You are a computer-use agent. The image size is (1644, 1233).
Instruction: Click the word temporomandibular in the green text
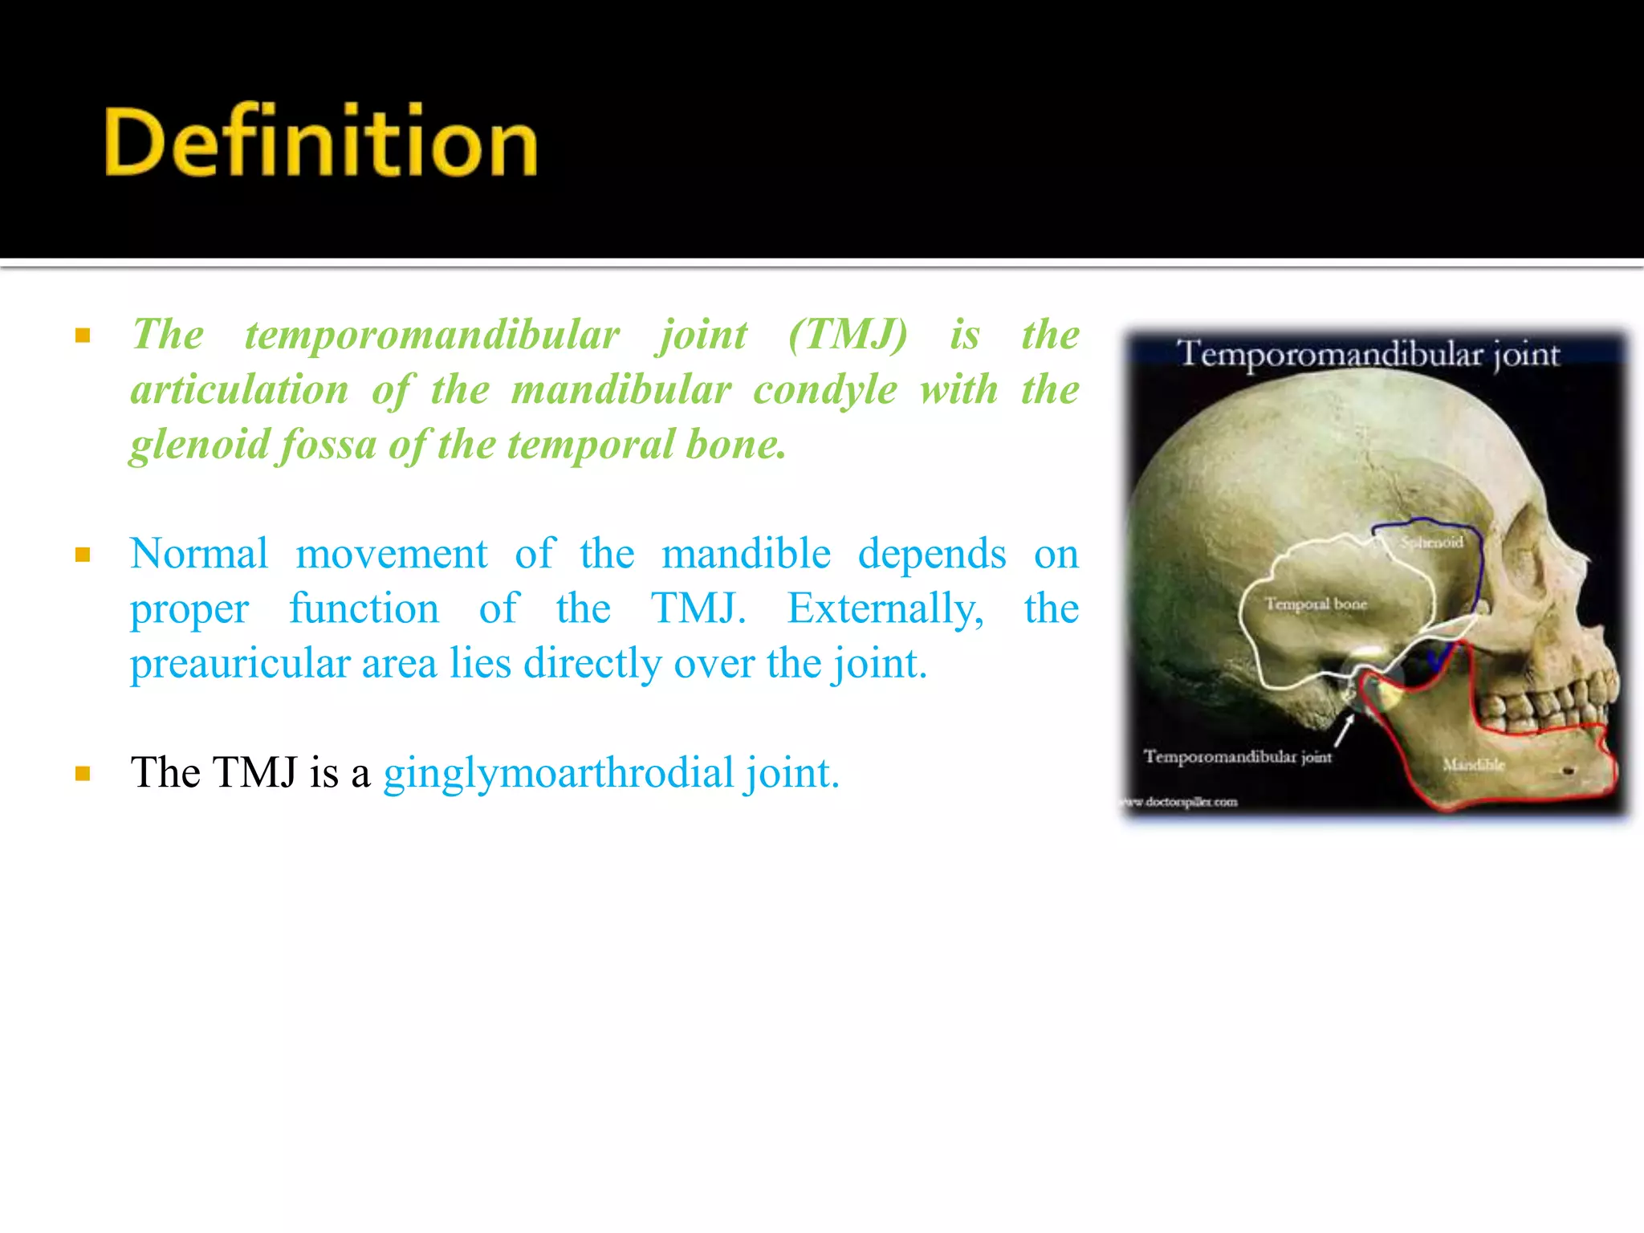432,335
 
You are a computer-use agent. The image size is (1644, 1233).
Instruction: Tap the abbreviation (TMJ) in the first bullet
848,335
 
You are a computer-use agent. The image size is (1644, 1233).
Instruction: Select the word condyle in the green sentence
824,391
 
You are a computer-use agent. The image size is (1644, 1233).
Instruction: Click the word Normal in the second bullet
199,554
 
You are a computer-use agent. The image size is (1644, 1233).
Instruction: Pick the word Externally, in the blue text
885,608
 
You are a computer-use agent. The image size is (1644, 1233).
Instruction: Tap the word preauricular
240,664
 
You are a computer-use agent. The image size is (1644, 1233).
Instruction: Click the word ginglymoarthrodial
559,773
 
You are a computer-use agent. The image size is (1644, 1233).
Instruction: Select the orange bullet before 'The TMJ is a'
83,774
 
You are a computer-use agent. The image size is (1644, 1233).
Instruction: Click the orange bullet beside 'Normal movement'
83,555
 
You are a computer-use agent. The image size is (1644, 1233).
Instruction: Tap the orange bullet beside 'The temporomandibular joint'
83,336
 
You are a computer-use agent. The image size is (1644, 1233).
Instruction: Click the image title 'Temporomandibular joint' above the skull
1368,354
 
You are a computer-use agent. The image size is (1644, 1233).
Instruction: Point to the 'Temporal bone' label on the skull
1316,604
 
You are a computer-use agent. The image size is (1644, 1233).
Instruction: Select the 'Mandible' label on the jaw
1473,764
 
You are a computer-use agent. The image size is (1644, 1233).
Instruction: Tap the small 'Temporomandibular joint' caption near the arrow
1237,756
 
